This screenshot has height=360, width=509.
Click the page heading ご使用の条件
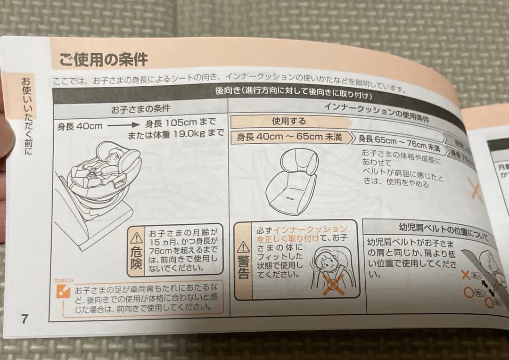pos(103,59)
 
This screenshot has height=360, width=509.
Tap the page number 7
pos(24,318)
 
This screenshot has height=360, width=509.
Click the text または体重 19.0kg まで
pos(175,134)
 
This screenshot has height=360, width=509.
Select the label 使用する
pos(288,121)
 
